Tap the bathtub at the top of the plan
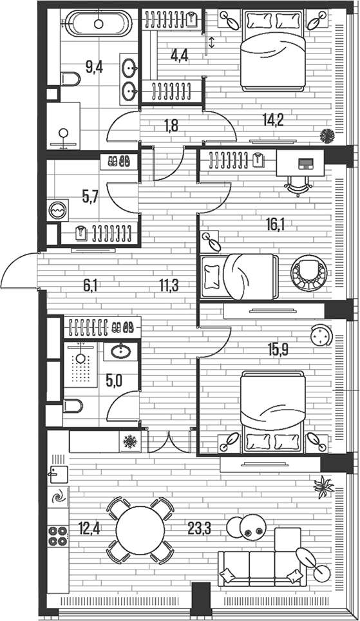pyautogui.click(x=99, y=24)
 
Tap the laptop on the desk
pyautogui.click(x=301, y=162)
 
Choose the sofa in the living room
pyautogui.click(x=260, y=567)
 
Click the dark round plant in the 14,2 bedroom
pyautogui.click(x=328, y=136)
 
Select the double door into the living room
pyautogui.click(x=170, y=442)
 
